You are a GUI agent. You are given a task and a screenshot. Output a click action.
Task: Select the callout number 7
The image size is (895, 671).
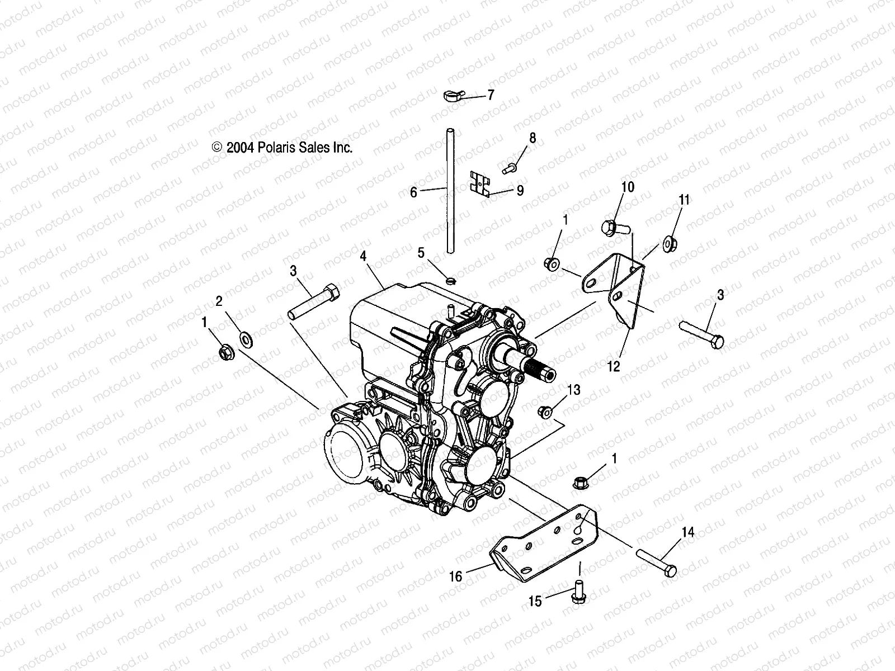[491, 95]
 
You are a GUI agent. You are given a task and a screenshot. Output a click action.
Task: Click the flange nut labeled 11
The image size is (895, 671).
[668, 243]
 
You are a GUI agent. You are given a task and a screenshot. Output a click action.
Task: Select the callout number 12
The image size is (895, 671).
[614, 367]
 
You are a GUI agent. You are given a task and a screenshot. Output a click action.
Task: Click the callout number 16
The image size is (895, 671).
[456, 577]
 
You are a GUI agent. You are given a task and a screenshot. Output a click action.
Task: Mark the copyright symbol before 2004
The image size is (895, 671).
[217, 148]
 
